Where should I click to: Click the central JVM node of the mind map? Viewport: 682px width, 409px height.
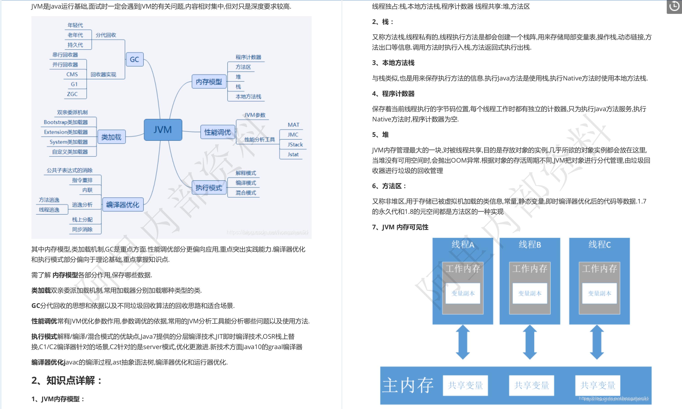pos(163,130)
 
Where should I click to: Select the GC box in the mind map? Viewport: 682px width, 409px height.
pos(134,59)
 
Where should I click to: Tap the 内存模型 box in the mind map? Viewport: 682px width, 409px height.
pos(209,81)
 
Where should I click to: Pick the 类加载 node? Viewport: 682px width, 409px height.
pos(111,137)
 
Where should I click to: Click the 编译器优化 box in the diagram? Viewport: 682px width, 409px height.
pos(122,205)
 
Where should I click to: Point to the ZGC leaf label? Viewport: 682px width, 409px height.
pos(72,94)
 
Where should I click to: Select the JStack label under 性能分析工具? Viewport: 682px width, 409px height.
pos(295,144)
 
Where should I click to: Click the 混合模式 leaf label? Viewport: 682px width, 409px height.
pos(245,193)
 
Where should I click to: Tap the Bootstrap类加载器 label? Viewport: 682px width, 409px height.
pos(66,122)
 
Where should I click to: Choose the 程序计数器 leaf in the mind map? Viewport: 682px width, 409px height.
pos(248,57)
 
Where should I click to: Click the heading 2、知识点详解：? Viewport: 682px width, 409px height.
pos(67,380)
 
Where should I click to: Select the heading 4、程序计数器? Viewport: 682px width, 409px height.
pos(393,94)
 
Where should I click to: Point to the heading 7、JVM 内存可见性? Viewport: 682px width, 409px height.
pos(400,227)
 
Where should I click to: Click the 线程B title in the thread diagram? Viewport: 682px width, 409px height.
pos(530,244)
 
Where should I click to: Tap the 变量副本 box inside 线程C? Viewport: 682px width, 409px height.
pos(599,293)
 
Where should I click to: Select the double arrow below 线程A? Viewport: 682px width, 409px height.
pos(463,342)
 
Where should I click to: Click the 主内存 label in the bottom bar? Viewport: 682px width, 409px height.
pos(408,385)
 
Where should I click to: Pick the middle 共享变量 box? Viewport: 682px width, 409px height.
pos(531,385)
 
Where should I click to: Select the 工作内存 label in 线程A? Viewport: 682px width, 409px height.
pos(463,268)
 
